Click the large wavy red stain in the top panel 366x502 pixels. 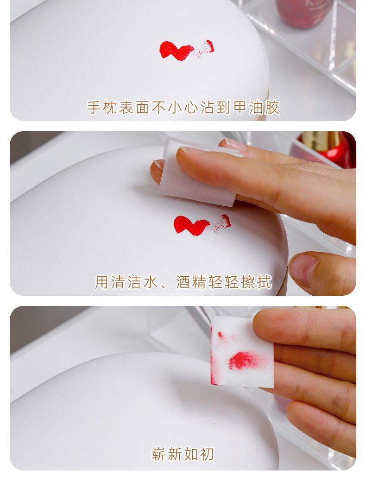176,50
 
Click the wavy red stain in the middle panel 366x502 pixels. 190,225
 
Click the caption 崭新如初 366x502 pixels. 183,454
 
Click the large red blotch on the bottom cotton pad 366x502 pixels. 243,360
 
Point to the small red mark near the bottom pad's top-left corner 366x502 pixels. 222,334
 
